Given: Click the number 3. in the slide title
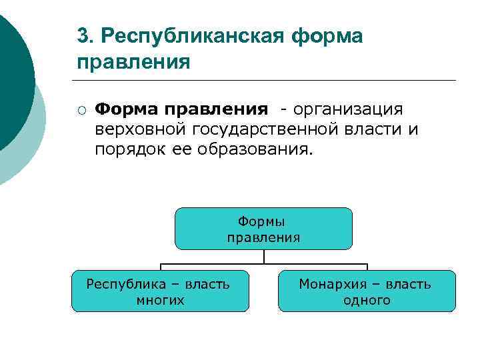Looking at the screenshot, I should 85,35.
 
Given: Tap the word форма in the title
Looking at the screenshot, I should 327,35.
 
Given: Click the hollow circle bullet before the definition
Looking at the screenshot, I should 80,109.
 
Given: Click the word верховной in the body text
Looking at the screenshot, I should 142,129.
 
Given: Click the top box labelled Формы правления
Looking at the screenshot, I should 263,228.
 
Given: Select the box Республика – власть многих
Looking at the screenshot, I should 160,291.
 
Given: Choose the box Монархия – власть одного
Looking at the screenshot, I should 367,291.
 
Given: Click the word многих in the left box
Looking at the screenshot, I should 160,300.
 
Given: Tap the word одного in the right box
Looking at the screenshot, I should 367,300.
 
